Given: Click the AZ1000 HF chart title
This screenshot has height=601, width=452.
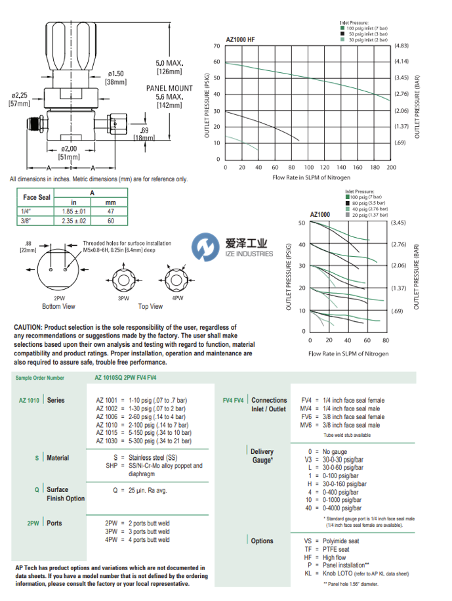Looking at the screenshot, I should click(x=240, y=39).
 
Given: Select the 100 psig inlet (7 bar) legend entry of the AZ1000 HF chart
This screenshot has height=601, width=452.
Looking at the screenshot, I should click(x=364, y=28).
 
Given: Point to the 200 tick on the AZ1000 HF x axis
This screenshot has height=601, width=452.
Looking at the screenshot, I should click(x=391, y=167).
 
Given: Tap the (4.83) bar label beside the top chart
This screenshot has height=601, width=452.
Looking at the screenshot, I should click(x=401, y=46).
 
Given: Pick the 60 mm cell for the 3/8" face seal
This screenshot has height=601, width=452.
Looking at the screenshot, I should click(x=111, y=221).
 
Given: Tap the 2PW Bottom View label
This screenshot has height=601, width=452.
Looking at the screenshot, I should click(x=59, y=301).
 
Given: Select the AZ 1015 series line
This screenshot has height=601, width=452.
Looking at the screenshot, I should click(x=107, y=433).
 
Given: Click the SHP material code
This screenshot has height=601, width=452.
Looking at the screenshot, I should click(x=111, y=466).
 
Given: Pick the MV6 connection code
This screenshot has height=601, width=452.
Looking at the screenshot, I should click(x=306, y=425).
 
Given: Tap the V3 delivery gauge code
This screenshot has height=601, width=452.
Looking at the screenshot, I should click(x=309, y=460).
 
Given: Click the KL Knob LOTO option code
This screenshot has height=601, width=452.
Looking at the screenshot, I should click(x=308, y=573).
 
